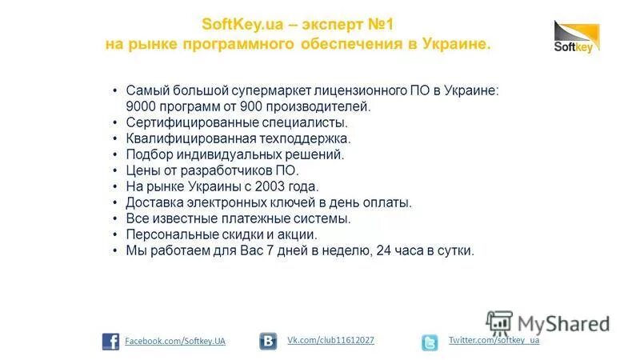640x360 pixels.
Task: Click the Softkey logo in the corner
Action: click(576, 38)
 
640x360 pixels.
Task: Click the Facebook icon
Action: click(110, 342)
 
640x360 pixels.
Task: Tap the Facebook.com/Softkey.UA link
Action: click(175, 342)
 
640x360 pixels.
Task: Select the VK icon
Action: click(268, 342)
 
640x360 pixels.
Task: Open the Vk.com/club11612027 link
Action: click(331, 341)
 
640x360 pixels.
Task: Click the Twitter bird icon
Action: click(430, 342)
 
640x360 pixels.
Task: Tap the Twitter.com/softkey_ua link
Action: click(494, 341)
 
